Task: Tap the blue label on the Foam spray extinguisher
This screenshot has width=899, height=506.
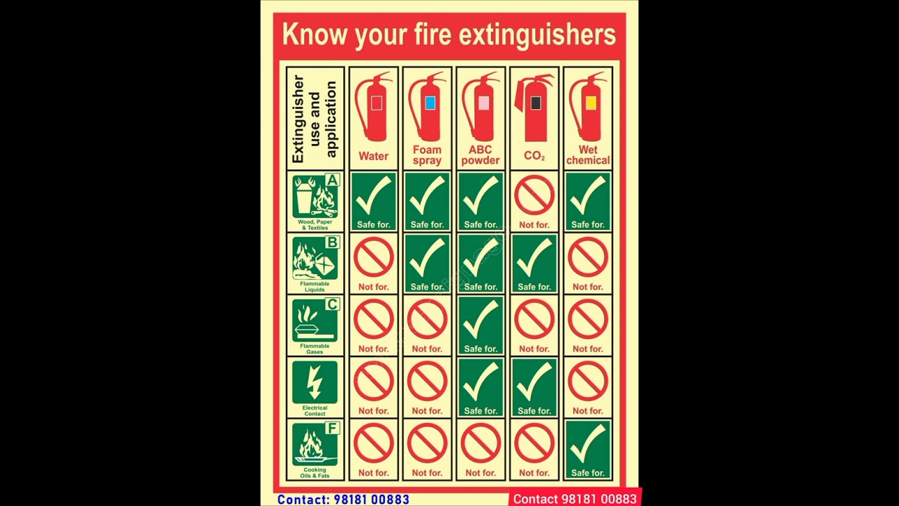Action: tap(430, 103)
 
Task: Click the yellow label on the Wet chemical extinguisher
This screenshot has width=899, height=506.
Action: tap(591, 103)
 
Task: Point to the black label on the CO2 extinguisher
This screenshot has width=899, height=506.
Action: tap(536, 103)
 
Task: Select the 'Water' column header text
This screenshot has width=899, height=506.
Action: tap(374, 156)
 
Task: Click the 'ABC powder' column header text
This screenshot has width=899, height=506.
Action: tap(480, 155)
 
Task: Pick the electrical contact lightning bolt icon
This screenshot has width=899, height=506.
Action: tap(315, 382)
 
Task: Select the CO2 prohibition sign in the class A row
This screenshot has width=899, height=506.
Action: tap(534, 195)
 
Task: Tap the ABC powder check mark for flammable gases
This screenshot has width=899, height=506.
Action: tap(480, 320)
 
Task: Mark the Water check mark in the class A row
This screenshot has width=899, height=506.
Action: tap(374, 196)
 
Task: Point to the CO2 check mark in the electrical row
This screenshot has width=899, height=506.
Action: tap(534, 382)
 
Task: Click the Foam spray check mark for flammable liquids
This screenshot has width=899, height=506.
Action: tap(427, 258)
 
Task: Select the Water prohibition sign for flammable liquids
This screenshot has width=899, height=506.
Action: tap(374, 258)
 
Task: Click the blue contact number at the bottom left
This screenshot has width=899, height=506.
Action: tap(343, 500)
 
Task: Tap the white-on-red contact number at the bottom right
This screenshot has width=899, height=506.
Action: tap(575, 499)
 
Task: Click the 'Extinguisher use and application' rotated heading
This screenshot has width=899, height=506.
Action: tap(315, 119)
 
